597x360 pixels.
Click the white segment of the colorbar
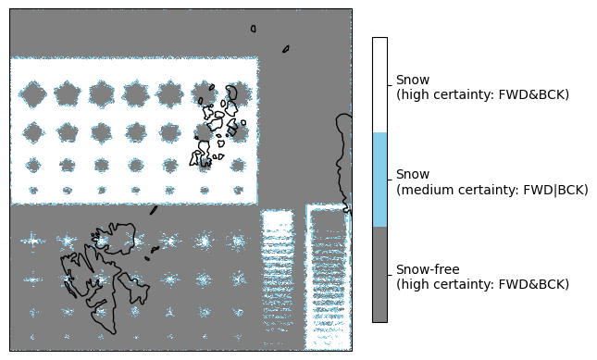[x=379, y=85]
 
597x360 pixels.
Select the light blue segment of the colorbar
[x=379, y=180]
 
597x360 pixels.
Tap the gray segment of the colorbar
[x=379, y=274]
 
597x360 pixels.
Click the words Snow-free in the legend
[x=428, y=269]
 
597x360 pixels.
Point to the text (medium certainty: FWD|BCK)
[x=491, y=190]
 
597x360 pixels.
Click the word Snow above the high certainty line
[x=413, y=80]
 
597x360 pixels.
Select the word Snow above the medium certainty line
[x=413, y=174]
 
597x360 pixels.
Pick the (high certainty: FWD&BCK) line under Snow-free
[x=483, y=284]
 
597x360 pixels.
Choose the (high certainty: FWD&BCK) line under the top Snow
[x=483, y=94]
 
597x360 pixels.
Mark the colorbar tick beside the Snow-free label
[x=390, y=275]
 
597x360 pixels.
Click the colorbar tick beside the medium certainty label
[x=390, y=180]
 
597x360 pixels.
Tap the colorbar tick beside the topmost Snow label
[x=390, y=85]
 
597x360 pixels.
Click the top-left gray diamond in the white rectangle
[x=33, y=93]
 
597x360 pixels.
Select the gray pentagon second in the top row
[x=68, y=93]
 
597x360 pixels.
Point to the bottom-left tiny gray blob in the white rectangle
[x=33, y=190]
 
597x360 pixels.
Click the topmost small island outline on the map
[x=254, y=29]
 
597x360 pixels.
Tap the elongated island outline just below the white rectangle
[x=154, y=210]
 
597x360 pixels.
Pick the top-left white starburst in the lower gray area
[x=33, y=241]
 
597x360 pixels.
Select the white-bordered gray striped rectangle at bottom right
[x=329, y=277]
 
